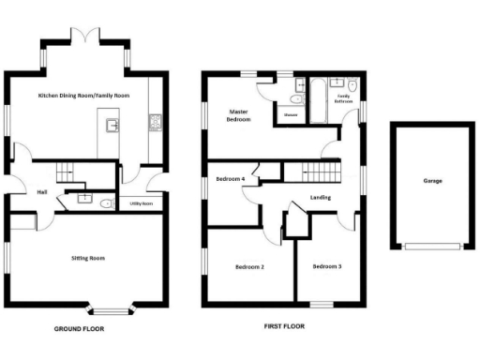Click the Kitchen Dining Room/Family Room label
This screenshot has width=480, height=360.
point(82,96)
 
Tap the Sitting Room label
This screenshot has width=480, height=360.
point(86,256)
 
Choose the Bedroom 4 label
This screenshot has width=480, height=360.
point(231,178)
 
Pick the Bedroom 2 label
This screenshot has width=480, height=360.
point(248,267)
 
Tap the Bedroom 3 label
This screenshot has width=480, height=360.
point(326,267)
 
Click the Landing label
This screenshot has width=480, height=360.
point(321,198)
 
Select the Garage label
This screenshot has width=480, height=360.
point(432,181)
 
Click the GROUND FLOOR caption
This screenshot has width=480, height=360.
point(79,330)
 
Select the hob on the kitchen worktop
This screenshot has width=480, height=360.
point(154,123)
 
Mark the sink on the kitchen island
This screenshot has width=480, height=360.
point(113,125)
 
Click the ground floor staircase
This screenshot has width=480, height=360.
point(66,172)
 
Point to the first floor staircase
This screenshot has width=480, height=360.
point(319,172)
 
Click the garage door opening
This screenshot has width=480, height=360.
point(432,247)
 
